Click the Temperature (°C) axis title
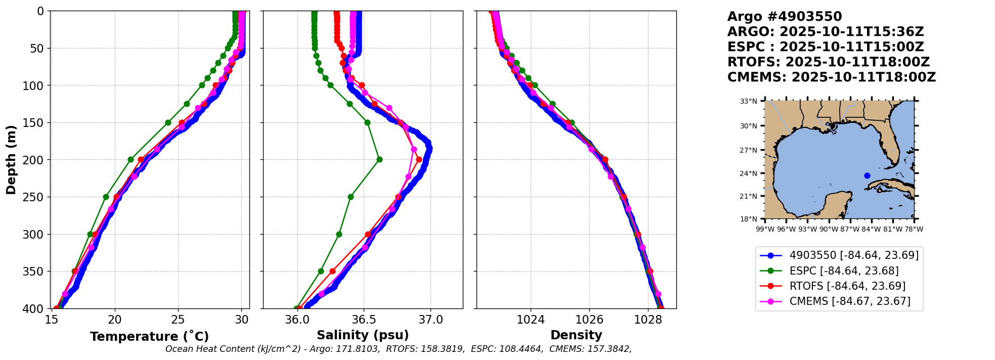[x=149, y=337]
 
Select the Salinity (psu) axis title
[x=363, y=335]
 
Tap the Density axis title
[x=576, y=335]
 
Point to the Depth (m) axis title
[x=11, y=160]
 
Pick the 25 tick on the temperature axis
[x=178, y=320]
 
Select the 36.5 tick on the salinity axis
[x=364, y=320]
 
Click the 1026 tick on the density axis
[x=589, y=320]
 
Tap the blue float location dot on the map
[x=867, y=175]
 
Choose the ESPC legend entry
[x=844, y=271]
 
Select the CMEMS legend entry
[x=850, y=301]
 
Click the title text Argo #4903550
[x=785, y=17]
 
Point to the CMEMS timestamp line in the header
[x=831, y=77]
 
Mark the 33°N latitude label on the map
[x=749, y=101]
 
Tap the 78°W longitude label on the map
[x=914, y=229]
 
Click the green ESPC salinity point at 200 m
[x=379, y=160]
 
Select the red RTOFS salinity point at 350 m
[x=332, y=272]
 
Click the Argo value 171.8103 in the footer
[x=358, y=349]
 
